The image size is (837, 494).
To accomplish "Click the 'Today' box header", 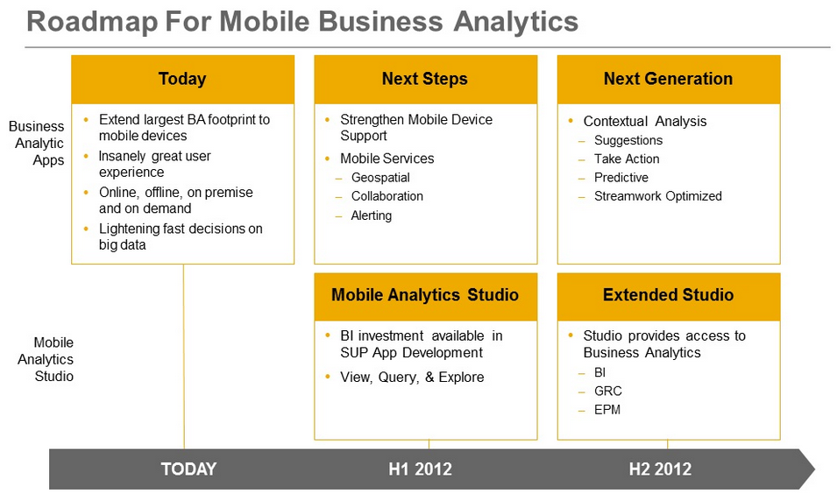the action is (x=182, y=79).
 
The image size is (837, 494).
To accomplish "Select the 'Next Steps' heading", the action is (x=425, y=79).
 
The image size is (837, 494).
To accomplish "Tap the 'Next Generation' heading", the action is (x=669, y=79).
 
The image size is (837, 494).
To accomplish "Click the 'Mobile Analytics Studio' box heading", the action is (x=425, y=295).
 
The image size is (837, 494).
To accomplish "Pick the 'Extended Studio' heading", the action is (x=669, y=295).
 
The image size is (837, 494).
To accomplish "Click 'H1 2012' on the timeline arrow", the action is (x=420, y=469).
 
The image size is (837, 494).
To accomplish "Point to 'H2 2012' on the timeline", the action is (x=660, y=469).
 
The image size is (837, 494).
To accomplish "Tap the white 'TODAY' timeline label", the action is (x=189, y=469).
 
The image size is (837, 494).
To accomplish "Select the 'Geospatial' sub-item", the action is (x=380, y=178).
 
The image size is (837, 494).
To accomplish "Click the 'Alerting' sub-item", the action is (x=372, y=215).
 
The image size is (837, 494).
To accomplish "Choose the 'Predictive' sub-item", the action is (x=621, y=178).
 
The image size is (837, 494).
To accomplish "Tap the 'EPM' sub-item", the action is (x=607, y=410).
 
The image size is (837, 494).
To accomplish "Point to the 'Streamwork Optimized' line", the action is (x=658, y=196).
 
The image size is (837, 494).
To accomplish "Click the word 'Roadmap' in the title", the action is (x=92, y=22).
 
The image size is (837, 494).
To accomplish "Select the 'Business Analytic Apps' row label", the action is (x=37, y=143).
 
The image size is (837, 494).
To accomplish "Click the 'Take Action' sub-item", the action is (x=627, y=159).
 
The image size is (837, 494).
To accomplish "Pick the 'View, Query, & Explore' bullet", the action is (x=412, y=378).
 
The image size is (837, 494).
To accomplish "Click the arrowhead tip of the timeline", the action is (x=814, y=469).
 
